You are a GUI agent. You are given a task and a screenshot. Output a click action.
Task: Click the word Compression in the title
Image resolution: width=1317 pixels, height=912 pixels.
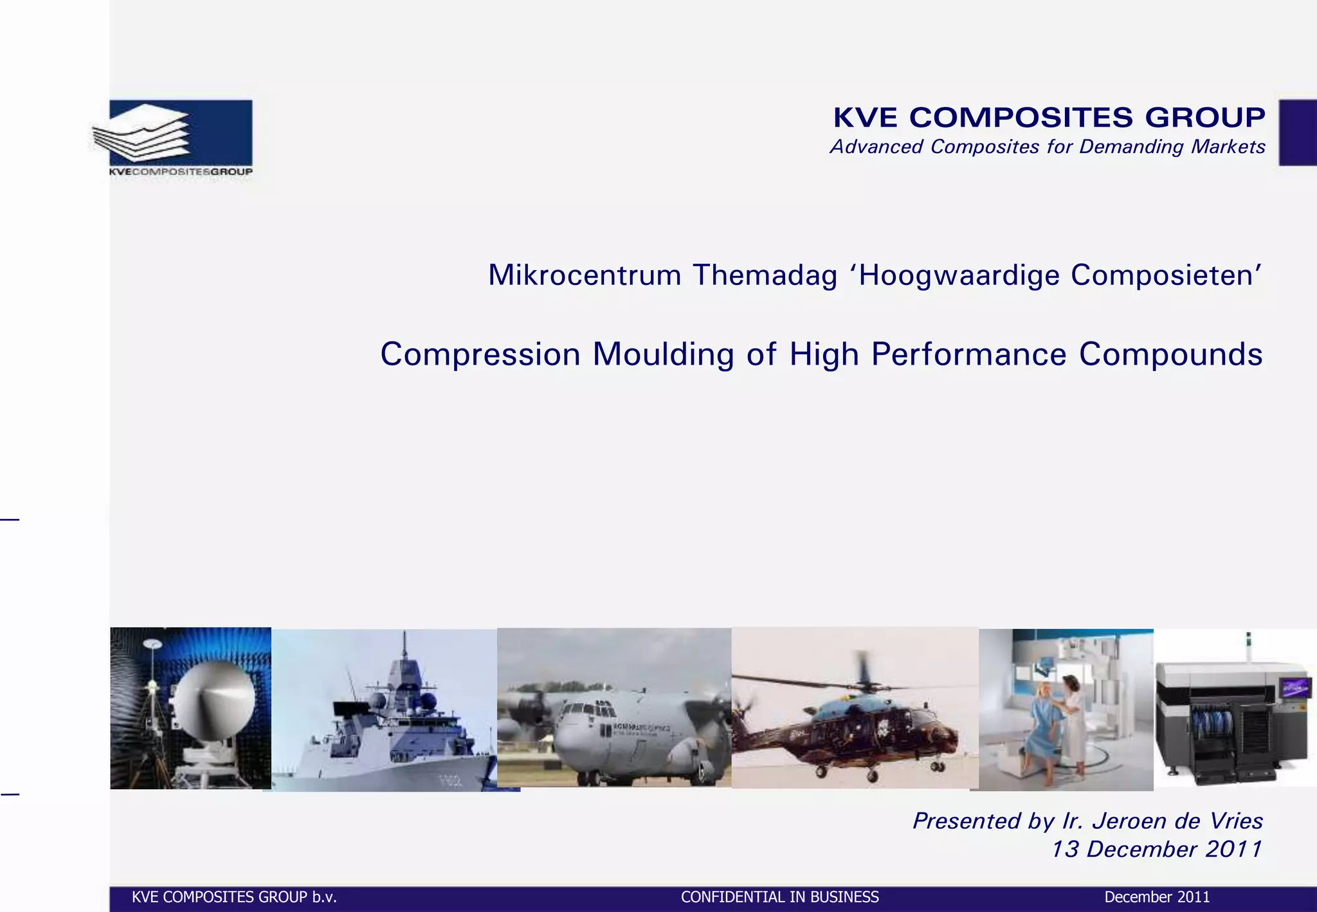click(480, 354)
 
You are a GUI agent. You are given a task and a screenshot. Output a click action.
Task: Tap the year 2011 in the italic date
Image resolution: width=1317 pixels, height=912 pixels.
click(1233, 850)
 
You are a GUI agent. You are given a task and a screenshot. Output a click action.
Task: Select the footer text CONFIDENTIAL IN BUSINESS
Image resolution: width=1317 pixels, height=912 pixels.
click(779, 897)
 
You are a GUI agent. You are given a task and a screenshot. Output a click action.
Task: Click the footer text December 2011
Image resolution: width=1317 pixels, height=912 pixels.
click(1156, 897)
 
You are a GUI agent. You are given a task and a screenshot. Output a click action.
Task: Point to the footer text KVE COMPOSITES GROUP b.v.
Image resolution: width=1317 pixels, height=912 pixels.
click(234, 897)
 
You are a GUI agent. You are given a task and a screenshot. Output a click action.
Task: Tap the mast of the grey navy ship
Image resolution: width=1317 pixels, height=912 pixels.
click(404, 656)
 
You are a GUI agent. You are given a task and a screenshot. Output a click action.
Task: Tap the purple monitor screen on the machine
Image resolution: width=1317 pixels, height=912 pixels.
click(1294, 689)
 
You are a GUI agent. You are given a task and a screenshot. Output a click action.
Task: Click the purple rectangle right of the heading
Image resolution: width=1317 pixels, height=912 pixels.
click(1297, 132)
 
